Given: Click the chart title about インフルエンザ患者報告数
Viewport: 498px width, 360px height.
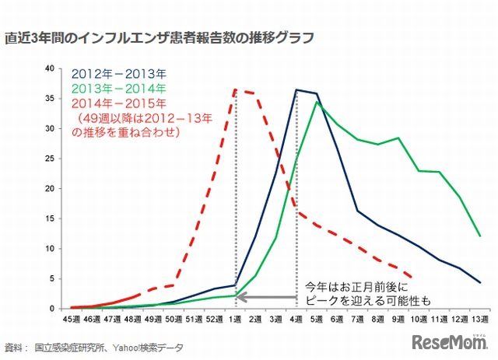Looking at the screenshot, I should (x=160, y=38).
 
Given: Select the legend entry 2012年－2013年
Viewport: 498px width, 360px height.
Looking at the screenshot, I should (x=118, y=75).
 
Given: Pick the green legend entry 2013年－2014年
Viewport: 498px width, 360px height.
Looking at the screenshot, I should (x=118, y=89).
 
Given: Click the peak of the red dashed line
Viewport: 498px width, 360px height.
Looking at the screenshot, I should (x=236, y=89).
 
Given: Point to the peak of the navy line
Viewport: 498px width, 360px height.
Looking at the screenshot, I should (x=296, y=89).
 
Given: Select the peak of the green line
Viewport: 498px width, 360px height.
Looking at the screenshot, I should (x=317, y=102).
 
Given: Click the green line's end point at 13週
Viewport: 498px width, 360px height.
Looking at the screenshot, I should (x=479, y=236).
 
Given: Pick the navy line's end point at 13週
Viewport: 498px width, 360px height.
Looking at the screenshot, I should (x=479, y=282).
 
